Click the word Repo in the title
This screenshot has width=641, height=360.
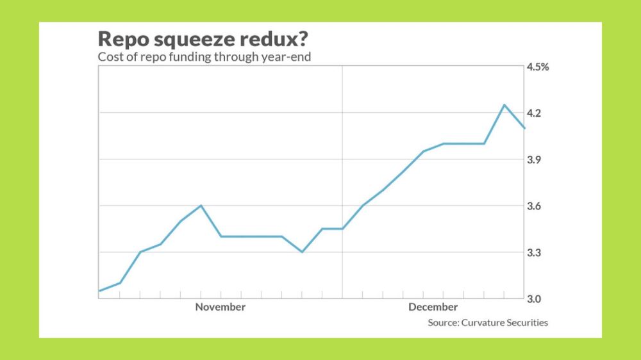coord(122,40)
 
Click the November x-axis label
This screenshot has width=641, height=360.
coord(220,307)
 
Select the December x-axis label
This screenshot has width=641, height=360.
coord(433,307)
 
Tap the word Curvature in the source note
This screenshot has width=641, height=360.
coord(482,323)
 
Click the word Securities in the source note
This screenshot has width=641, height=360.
coord(527,323)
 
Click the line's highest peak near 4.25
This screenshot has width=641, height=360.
coord(504,104)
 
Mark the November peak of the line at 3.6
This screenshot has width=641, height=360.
coord(201,206)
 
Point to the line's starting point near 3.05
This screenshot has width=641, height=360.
coord(99,291)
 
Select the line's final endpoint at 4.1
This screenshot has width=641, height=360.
coord(525,128)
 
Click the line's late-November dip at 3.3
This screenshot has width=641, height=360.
coord(302,252)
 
